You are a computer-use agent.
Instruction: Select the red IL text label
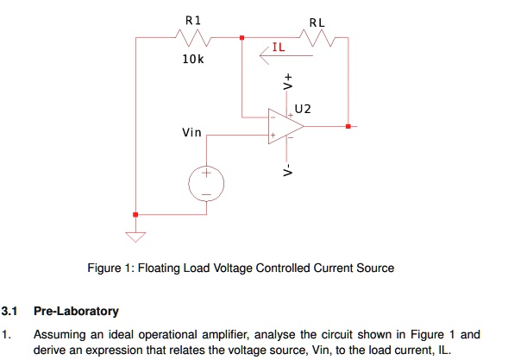click(x=278, y=47)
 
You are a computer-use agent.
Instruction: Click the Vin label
click(x=191, y=132)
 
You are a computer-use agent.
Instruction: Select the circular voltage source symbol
click(x=206, y=184)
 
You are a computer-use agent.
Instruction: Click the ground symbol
click(x=135, y=234)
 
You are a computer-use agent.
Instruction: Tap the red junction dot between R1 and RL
click(x=242, y=37)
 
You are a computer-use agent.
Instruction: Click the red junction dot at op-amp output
click(x=347, y=126)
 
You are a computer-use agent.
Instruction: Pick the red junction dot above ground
click(x=135, y=215)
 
